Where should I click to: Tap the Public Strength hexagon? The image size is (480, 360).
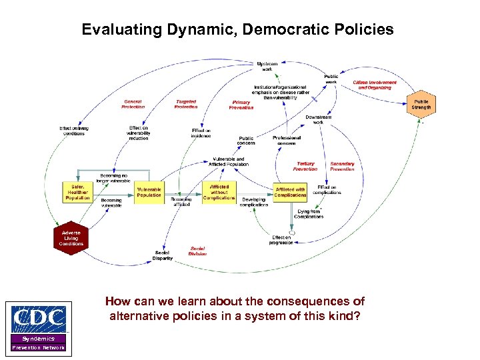click(421, 104)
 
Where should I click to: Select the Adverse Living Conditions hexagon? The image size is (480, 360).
click(71, 238)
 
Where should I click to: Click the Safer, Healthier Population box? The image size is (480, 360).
click(77, 193)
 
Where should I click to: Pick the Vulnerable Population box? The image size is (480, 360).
click(149, 192)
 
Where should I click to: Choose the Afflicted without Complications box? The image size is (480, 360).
click(219, 192)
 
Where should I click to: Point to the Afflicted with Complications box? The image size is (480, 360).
click(290, 192)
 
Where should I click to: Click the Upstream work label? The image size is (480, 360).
click(267, 66)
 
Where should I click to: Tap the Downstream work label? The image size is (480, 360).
click(319, 120)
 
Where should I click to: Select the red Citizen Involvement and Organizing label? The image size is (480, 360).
click(375, 85)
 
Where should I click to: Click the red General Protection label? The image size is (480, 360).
click(133, 104)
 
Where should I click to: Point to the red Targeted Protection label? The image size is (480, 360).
click(186, 104)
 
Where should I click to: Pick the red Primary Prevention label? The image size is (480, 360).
click(241, 105)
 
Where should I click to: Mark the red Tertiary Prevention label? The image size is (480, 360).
click(305, 166)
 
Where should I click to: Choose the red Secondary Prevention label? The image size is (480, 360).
click(342, 166)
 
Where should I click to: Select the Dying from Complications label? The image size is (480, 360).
click(309, 214)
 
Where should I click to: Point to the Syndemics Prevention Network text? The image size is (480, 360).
click(39, 343)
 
